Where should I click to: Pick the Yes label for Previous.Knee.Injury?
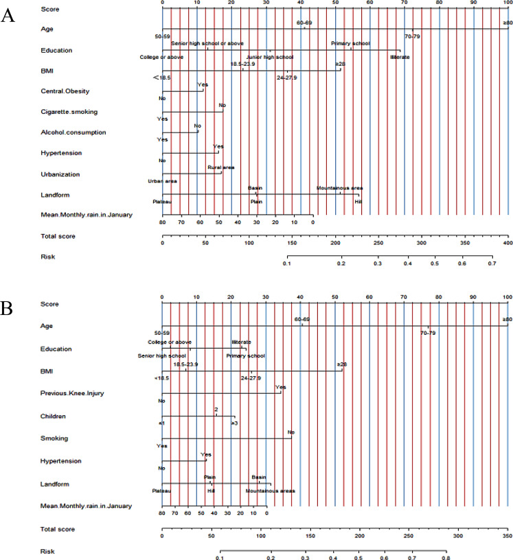(280, 387)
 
